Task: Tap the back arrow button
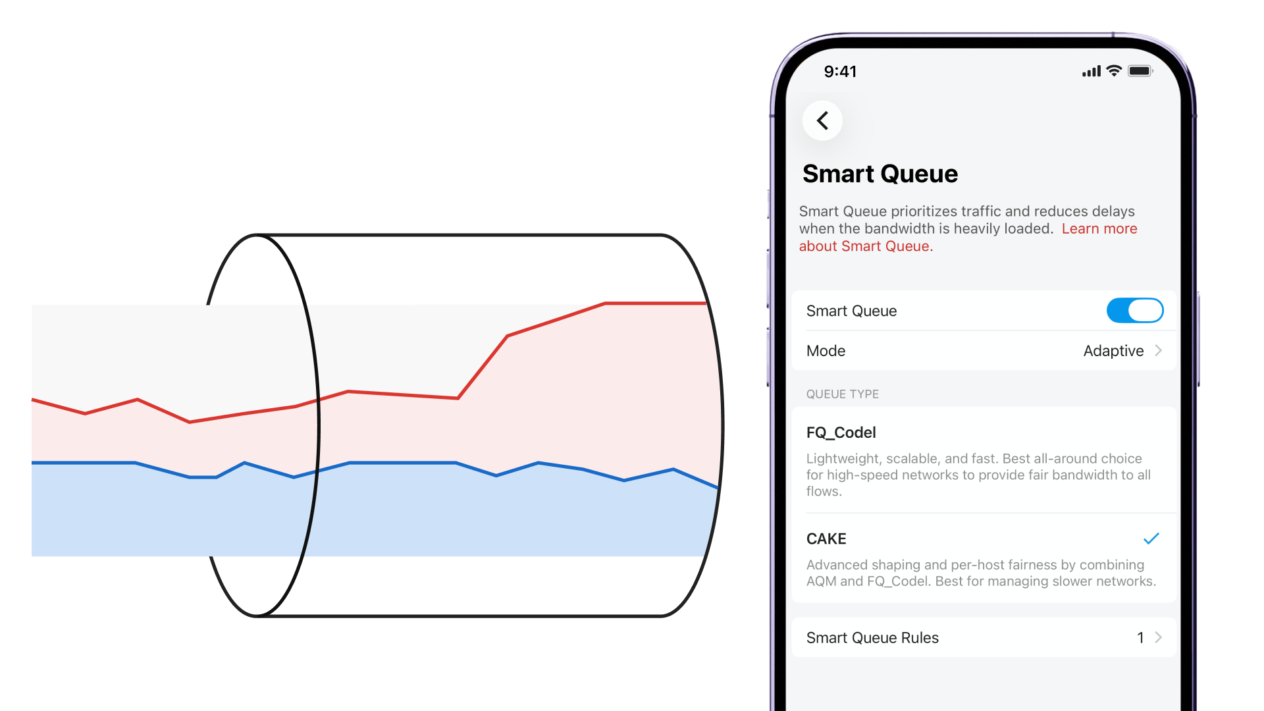pyautogui.click(x=822, y=120)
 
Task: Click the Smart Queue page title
pyautogui.click(x=880, y=174)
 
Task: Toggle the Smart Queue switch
pyautogui.click(x=1134, y=311)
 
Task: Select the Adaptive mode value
pyautogui.click(x=1113, y=351)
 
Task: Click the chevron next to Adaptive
pyautogui.click(x=1158, y=351)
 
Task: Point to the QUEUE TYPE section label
pyautogui.click(x=842, y=394)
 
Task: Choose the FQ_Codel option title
pyautogui.click(x=841, y=433)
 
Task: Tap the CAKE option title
pyautogui.click(x=826, y=539)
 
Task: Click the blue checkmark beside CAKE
pyautogui.click(x=1151, y=539)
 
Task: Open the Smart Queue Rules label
pyautogui.click(x=872, y=638)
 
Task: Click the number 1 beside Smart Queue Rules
pyautogui.click(x=1140, y=638)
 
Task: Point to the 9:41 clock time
pyautogui.click(x=840, y=72)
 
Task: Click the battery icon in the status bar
pyautogui.click(x=1140, y=71)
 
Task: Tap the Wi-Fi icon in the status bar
pyautogui.click(x=1114, y=71)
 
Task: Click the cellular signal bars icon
pyautogui.click(x=1091, y=71)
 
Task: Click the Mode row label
pyautogui.click(x=826, y=351)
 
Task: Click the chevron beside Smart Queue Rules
pyautogui.click(x=1158, y=638)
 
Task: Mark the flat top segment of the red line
pyautogui.click(x=655, y=303)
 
